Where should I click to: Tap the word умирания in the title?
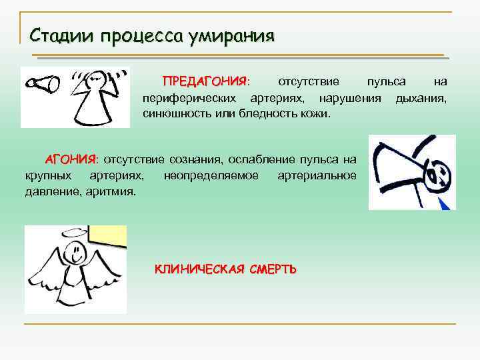click(x=231, y=35)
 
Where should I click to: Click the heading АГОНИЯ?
click(x=71, y=159)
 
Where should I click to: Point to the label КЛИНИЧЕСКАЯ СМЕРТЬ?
click(x=226, y=269)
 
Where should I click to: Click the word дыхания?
click(x=421, y=98)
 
